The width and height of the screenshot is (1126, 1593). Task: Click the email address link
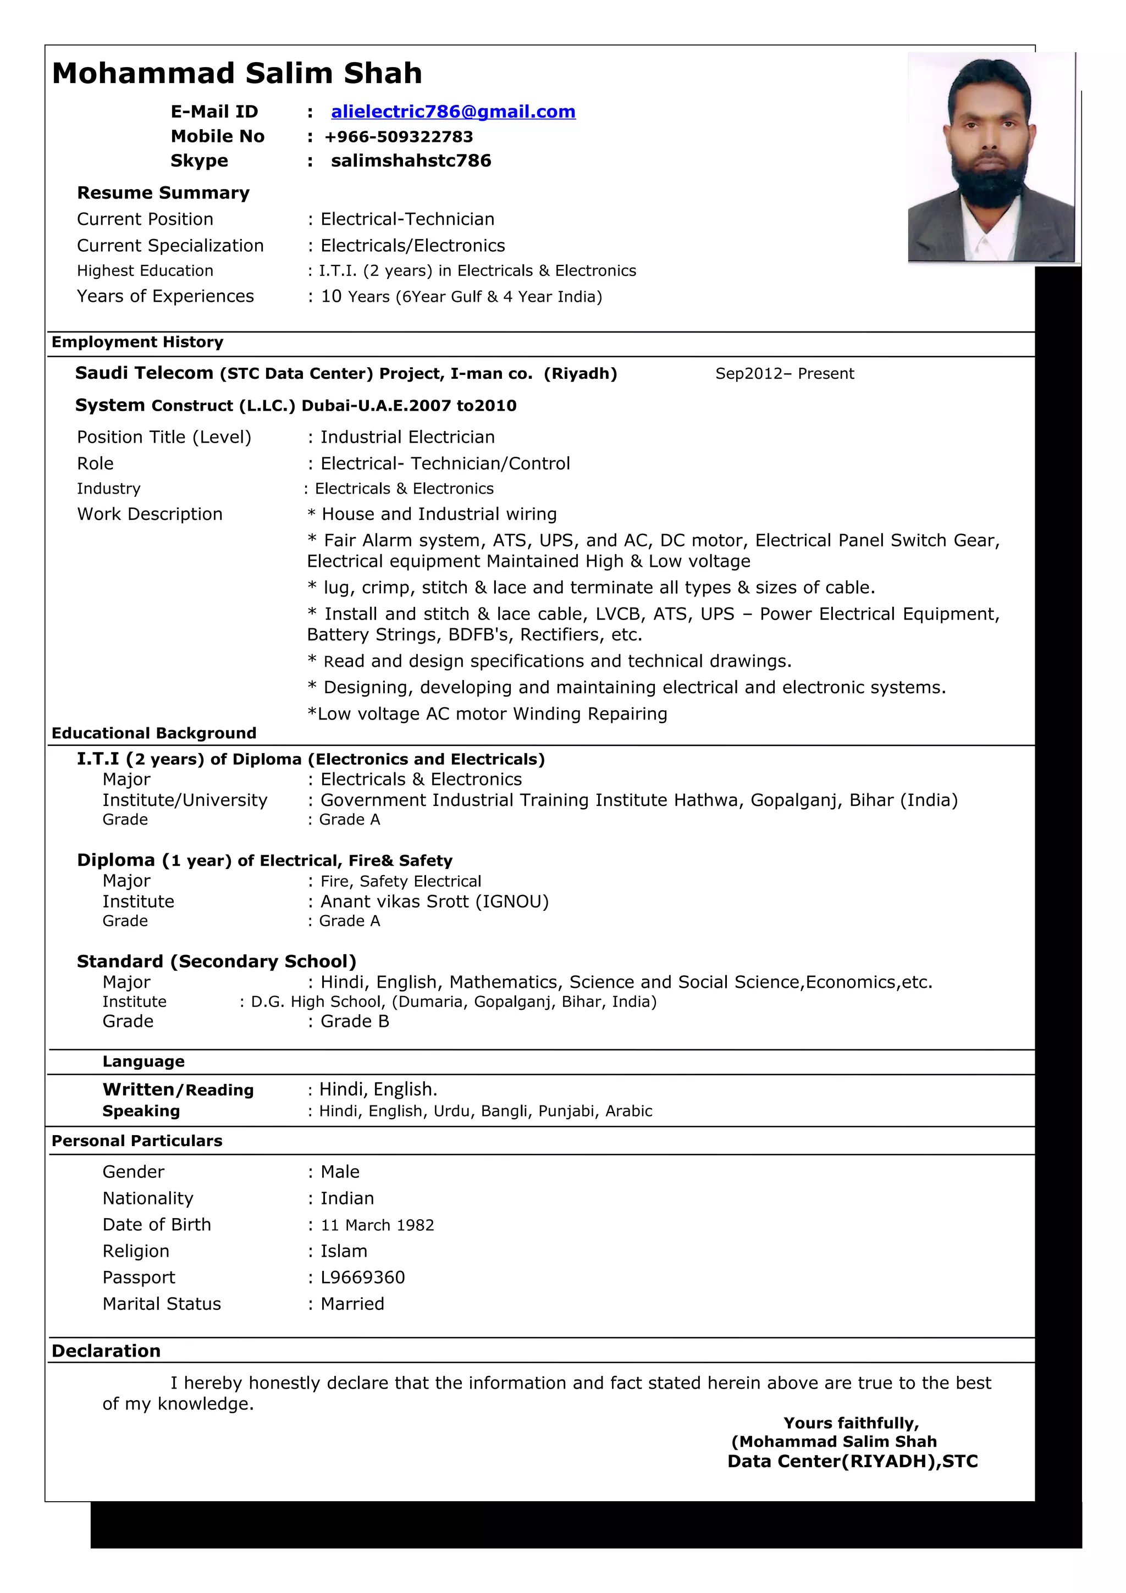pos(452,112)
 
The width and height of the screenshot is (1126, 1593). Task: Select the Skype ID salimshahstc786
pos(411,161)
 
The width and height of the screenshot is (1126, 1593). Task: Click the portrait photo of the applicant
pos(991,158)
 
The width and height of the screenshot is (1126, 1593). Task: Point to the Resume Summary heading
pos(163,193)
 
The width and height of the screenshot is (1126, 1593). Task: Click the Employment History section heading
pos(137,342)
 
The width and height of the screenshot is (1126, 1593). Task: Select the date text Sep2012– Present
pos(784,374)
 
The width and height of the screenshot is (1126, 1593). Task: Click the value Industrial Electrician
pos(407,437)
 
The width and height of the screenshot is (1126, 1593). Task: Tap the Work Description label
pos(150,514)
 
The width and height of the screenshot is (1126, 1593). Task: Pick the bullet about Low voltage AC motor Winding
pos(487,714)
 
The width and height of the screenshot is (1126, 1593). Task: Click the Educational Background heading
pos(154,733)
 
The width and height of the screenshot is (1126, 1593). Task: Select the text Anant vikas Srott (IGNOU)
pos(434,901)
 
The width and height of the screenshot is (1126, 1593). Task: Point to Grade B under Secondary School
pos(355,1021)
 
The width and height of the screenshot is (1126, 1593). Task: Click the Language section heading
pos(143,1061)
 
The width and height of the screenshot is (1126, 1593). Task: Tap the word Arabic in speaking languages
pos(628,1111)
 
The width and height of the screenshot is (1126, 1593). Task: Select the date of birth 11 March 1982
pos(377,1225)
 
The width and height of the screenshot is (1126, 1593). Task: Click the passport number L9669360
pos(362,1277)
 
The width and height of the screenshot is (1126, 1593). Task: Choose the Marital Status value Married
pos(352,1304)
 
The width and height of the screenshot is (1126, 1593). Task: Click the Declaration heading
pos(106,1351)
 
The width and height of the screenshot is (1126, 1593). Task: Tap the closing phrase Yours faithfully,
pos(851,1423)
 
